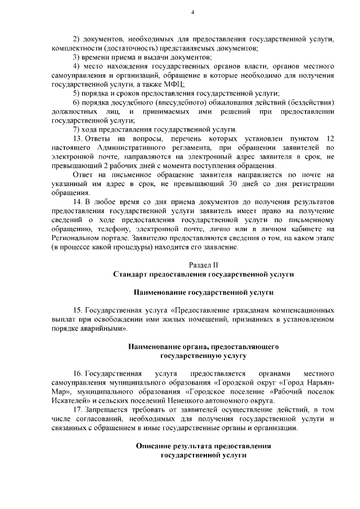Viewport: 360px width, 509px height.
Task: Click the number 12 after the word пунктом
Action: [x=331, y=138]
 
